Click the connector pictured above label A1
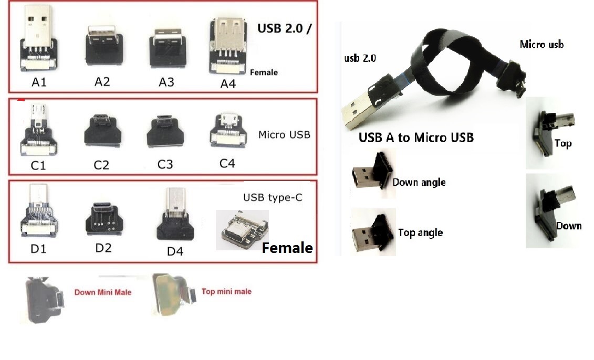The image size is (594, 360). (x=38, y=38)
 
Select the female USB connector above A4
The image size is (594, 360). (x=228, y=46)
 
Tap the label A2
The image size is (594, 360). (x=102, y=82)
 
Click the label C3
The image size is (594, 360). (x=165, y=164)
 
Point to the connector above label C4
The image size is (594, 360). (x=228, y=131)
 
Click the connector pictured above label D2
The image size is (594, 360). (x=103, y=219)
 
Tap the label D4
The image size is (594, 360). (x=175, y=251)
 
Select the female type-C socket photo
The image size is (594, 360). (x=242, y=230)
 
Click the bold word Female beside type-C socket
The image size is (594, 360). (x=287, y=248)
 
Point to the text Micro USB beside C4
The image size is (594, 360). (x=284, y=135)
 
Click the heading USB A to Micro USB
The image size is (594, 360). (x=416, y=137)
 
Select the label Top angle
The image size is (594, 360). (x=421, y=232)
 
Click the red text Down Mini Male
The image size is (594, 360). (x=102, y=292)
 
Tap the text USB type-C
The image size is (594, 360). (x=273, y=198)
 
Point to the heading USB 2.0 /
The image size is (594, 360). (x=284, y=28)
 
